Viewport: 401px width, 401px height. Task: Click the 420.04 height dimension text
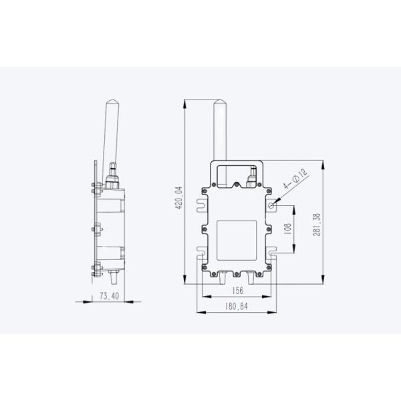click(x=178, y=197)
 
